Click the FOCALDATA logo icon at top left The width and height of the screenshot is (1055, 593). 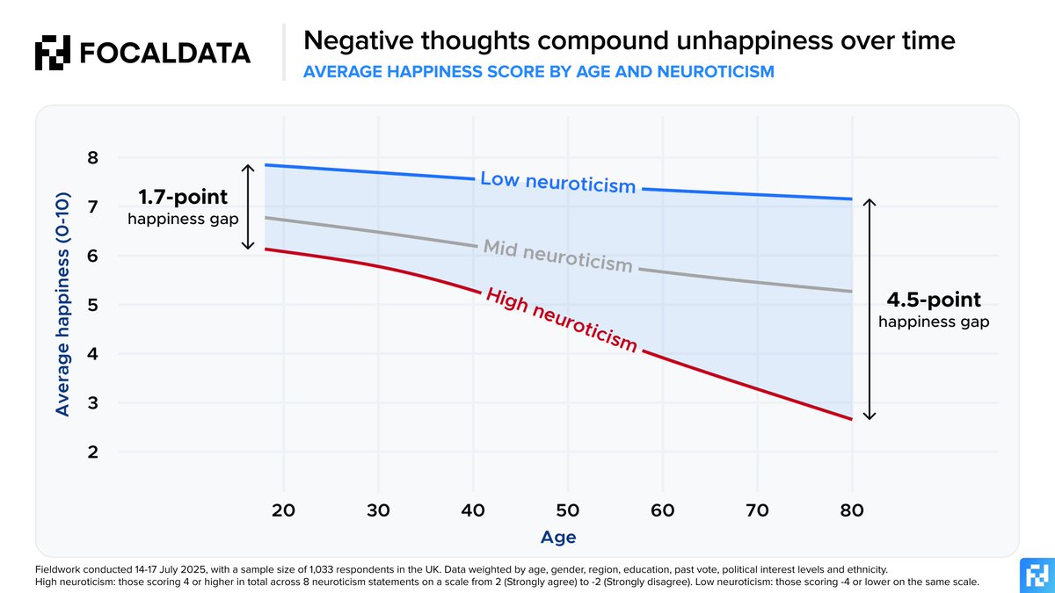coord(52,53)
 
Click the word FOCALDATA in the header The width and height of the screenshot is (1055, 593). coord(164,53)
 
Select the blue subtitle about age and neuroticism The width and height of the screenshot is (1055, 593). coord(538,72)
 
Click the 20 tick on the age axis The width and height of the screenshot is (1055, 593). coord(283,510)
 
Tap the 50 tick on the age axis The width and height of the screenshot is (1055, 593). coord(568,510)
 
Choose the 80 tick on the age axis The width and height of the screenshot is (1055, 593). coord(852,510)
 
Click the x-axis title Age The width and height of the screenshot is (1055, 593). coord(559,536)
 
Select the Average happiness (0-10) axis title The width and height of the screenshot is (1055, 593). coord(62,306)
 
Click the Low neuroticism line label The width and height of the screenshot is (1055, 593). coord(557,183)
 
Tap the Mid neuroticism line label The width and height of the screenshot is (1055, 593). coord(557,256)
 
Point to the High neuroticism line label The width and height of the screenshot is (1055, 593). coord(561,320)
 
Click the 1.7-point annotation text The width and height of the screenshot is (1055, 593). coord(183,197)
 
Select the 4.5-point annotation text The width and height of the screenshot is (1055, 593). coord(934,300)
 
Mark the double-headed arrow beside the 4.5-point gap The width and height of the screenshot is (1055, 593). coord(869,309)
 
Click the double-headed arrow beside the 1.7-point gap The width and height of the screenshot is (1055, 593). coord(248,206)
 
